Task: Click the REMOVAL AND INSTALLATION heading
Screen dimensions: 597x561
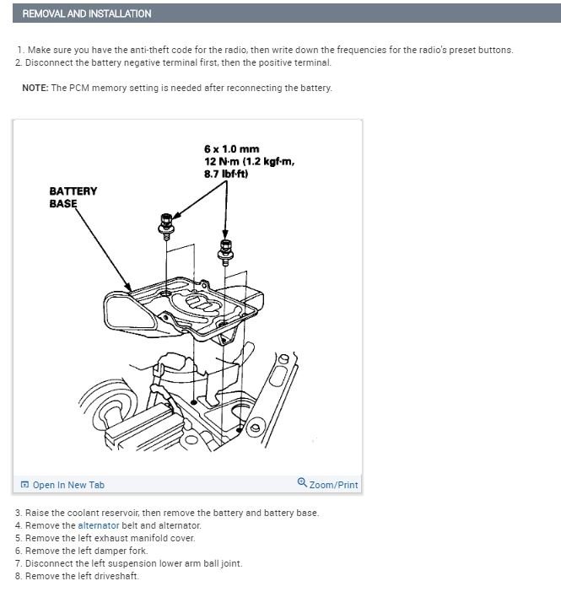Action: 87,13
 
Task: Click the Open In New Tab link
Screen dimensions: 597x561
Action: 68,485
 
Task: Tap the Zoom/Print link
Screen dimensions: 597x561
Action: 333,485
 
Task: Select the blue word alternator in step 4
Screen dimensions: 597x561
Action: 99,525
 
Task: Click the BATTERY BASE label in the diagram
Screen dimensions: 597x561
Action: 73,196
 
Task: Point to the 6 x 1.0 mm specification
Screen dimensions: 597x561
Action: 231,150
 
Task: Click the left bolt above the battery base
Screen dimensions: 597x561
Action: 164,224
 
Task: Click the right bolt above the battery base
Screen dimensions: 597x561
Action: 225,248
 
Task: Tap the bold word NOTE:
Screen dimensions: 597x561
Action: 35,89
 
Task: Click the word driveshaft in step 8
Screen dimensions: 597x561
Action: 117,576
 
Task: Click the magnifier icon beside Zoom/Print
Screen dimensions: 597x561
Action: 302,483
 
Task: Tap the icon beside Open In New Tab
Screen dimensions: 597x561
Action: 24,485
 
